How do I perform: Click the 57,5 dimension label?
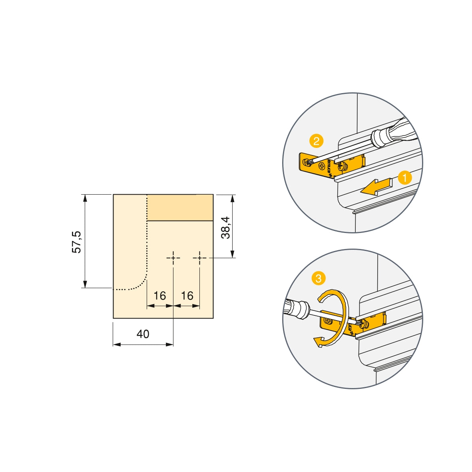pos(76,241)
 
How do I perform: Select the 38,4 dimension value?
pos(226,227)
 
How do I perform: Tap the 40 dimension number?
pos(143,334)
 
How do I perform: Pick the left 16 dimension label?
pos(160,296)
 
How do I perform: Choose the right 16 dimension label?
pos(187,296)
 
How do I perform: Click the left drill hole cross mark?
pos(173,258)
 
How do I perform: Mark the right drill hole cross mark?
pos(199,258)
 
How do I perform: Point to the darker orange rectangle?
pos(180,207)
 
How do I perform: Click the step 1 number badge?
pos(405,178)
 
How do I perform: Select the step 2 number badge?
pos(316,141)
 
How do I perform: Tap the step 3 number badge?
pos(318,278)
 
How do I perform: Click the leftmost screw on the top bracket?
pos(307,162)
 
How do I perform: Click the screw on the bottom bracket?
pos(329,321)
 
